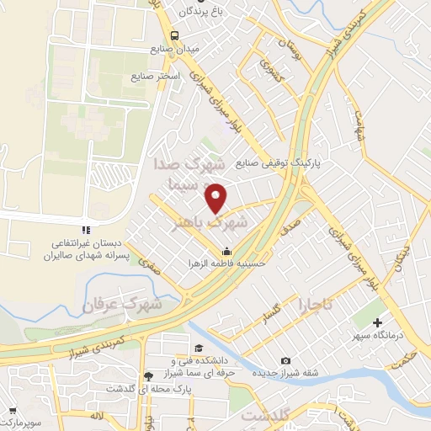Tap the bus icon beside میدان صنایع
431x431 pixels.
coord(174,36)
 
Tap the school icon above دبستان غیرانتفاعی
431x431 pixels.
coord(84,230)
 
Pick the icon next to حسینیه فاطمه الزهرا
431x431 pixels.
coord(226,251)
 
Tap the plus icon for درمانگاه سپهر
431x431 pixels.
coord(378,322)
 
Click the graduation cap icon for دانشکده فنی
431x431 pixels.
coord(198,349)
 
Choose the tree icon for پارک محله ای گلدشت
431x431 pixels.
coord(148,375)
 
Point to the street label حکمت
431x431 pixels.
coord(407,357)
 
